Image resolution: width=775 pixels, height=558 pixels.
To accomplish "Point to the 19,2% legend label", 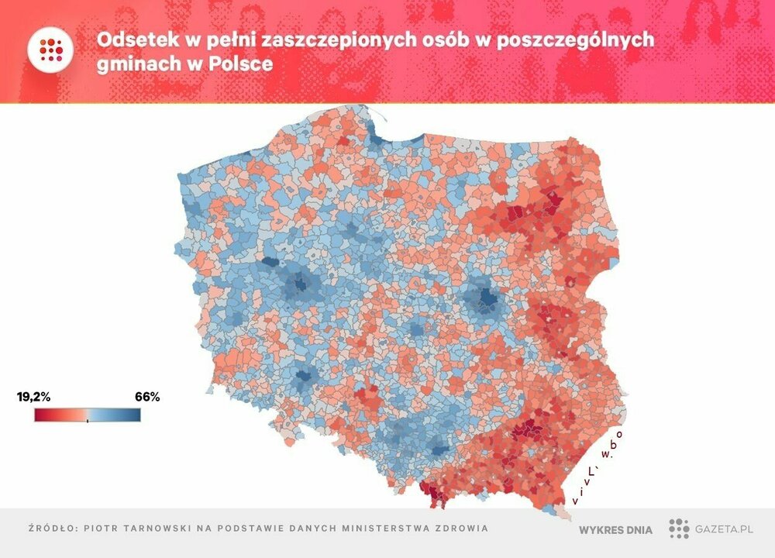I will coord(33,398).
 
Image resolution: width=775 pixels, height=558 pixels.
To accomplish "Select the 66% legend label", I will coord(147,398).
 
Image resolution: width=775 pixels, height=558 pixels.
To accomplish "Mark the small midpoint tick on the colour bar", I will coord(88,421).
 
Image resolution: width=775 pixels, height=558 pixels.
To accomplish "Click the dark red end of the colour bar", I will coord(39,415).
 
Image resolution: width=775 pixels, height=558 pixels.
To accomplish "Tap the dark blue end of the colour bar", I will coord(136,415).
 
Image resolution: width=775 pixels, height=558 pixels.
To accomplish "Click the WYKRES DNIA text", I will coord(615,530).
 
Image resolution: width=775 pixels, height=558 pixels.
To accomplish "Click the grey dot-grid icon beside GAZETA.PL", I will coord(679,529).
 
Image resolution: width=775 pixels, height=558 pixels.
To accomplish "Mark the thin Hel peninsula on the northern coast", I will coord(377,119).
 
